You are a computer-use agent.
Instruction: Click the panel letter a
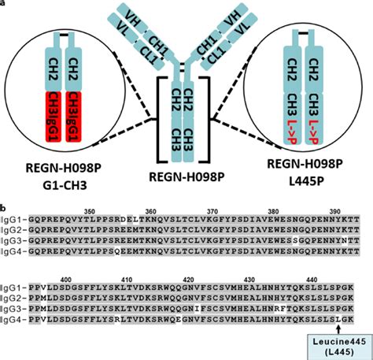(4, 4)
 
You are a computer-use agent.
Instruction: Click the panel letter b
(5, 202)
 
